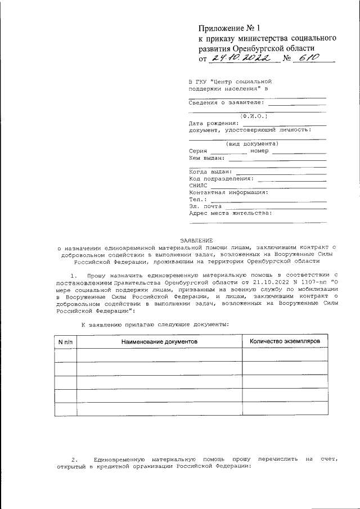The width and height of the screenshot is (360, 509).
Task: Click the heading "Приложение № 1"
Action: [x=230, y=28]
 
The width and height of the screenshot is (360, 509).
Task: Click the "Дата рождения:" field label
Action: [x=210, y=123]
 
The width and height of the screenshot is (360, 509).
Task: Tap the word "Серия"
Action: [x=198, y=151]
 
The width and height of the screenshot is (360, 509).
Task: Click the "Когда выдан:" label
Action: [x=209, y=172]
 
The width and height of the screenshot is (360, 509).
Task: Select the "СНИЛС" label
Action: [x=198, y=185]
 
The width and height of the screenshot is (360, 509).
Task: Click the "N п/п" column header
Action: [x=65, y=341]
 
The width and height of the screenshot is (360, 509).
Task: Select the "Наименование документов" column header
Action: [x=159, y=341]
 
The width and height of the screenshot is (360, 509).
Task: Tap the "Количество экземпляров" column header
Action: [x=285, y=341]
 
